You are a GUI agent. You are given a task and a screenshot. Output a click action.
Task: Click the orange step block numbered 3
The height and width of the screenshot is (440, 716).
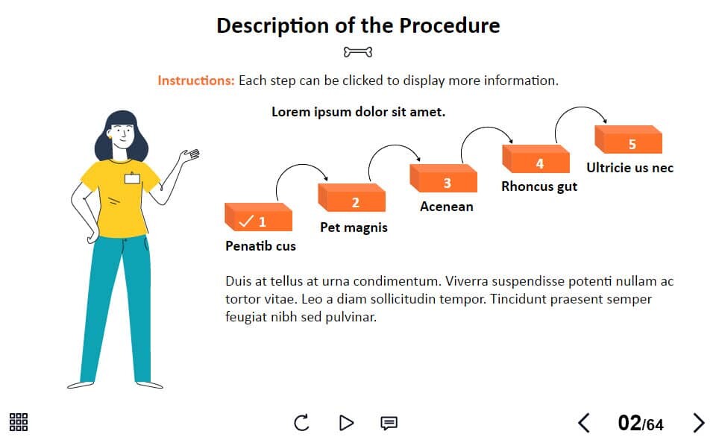click(x=443, y=178)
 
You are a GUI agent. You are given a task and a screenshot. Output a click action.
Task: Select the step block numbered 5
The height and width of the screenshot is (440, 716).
click(x=628, y=139)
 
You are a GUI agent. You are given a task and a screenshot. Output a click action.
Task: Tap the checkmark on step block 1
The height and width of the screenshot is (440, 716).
click(x=245, y=221)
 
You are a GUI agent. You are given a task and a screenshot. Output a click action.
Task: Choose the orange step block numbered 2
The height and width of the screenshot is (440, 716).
click(x=351, y=198)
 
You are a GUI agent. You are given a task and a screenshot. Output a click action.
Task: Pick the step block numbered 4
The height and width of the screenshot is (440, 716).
click(x=536, y=159)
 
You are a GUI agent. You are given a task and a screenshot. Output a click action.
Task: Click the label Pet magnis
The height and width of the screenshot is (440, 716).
click(x=354, y=227)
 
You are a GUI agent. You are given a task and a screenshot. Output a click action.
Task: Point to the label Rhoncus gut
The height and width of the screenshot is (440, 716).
click(x=539, y=186)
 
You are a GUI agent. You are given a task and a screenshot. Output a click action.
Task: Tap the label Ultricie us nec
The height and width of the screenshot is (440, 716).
click(x=629, y=168)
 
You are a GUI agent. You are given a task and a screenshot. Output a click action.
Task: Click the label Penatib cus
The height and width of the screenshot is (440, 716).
click(x=261, y=246)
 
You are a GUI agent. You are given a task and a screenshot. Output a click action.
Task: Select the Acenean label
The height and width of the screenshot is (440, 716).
click(x=447, y=207)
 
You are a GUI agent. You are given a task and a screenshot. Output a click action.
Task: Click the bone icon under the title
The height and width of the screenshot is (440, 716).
click(x=358, y=52)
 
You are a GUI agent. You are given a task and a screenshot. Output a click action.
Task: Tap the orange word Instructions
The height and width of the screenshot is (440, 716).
click(x=196, y=81)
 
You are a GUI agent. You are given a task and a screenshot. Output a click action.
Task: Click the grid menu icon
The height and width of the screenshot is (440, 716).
click(x=19, y=422)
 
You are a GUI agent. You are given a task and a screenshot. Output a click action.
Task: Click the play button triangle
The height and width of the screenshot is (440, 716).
click(x=346, y=423)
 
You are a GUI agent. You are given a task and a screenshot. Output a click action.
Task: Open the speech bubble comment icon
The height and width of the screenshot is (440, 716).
click(x=389, y=423)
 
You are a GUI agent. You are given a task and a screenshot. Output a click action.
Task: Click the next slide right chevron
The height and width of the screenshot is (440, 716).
click(x=699, y=423)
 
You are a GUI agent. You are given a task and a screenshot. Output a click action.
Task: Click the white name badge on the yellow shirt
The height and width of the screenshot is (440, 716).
click(x=133, y=178)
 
